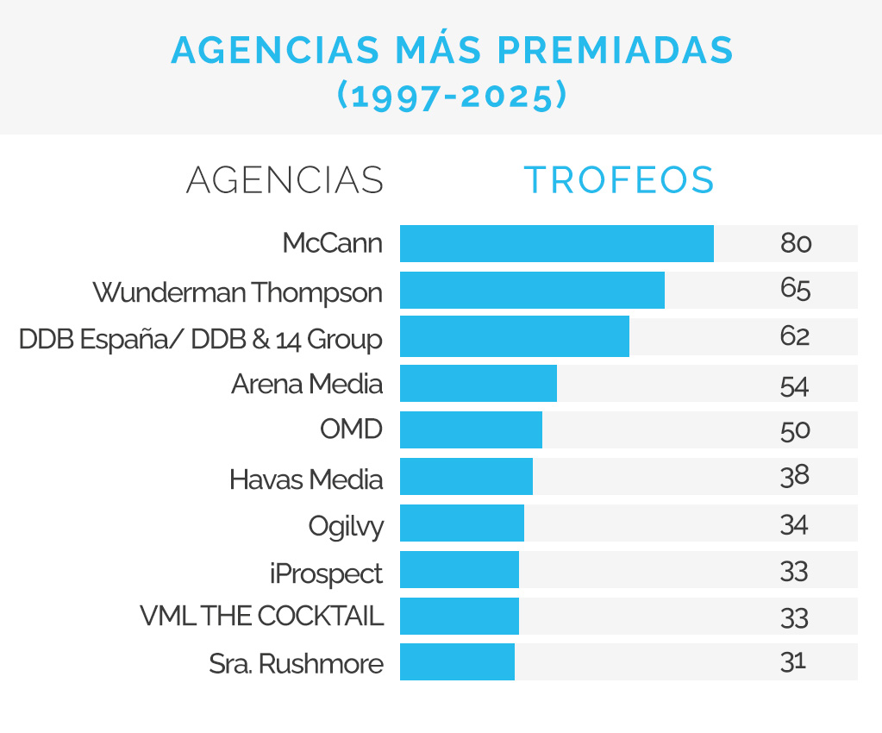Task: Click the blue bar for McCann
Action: tap(556, 243)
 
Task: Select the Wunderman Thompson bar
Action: tap(532, 290)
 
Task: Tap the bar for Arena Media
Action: tap(478, 383)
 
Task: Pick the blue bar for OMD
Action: tap(471, 429)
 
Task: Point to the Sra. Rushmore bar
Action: tap(457, 661)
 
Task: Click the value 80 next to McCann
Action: tap(796, 243)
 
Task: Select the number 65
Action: tap(795, 290)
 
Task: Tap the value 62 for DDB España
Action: tap(795, 336)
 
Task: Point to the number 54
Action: tap(795, 384)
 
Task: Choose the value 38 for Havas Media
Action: tap(795, 476)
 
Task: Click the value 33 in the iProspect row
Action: tap(795, 570)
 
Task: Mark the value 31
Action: tap(793, 661)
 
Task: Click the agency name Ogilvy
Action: tap(346, 526)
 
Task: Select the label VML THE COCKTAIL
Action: tap(261, 617)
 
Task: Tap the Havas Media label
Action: tap(306, 479)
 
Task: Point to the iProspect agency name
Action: tap(326, 573)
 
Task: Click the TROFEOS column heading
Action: tap(620, 179)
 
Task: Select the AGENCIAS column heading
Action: tap(285, 179)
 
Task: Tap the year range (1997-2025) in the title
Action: tap(453, 95)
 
